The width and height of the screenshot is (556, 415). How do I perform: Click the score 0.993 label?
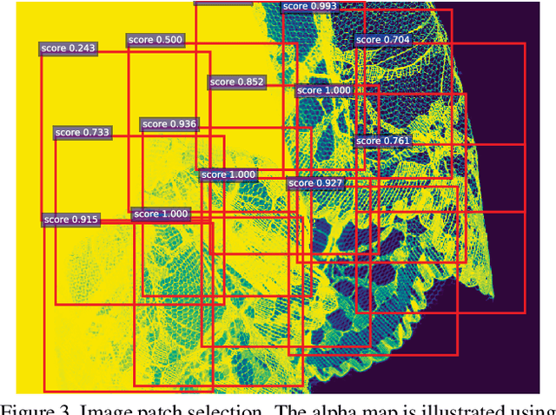point(310,6)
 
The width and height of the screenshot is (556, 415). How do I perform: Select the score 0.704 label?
point(383,40)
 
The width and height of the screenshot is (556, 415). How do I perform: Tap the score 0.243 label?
point(69,48)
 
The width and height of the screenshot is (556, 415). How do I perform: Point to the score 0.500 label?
point(156,40)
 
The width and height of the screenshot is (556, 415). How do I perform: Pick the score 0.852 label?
point(237,82)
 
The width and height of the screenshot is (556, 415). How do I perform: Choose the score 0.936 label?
point(169,125)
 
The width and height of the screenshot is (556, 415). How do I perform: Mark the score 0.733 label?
point(83,133)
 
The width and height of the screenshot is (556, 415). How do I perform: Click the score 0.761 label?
point(382,141)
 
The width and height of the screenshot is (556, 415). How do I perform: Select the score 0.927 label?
point(315,183)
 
